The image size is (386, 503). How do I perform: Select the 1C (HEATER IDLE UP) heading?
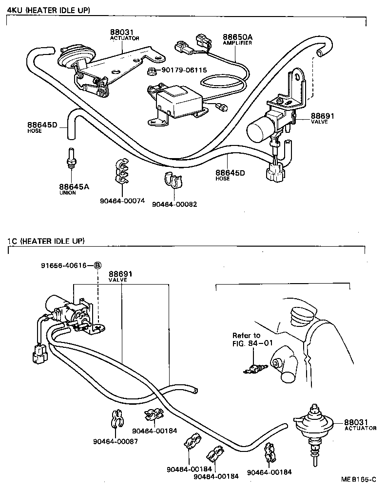coord(46,241)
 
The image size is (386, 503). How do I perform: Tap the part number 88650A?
coord(237,37)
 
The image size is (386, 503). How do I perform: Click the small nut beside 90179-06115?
coord(152,72)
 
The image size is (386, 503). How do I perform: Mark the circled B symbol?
coord(97,265)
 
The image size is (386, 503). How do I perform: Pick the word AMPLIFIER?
coord(237,43)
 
